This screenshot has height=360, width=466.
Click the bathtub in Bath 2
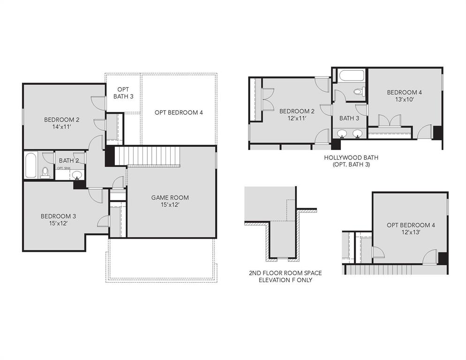point(30,165)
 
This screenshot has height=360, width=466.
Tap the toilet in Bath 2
point(45,172)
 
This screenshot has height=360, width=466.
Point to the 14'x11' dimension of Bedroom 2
point(61,127)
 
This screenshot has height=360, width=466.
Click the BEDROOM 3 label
point(58,216)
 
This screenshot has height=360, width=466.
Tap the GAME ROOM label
point(170,197)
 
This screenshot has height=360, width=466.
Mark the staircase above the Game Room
point(148,156)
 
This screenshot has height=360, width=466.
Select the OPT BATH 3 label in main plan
point(123,93)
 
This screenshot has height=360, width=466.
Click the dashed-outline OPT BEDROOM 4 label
point(179,112)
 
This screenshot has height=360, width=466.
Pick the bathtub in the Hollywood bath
point(351,76)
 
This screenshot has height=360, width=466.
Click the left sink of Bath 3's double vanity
point(343,134)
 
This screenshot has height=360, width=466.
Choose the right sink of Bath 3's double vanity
point(358,134)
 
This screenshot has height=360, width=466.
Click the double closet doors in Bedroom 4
point(389,120)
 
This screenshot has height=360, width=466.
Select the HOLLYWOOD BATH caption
point(351,157)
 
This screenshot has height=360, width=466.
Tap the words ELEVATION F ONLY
point(286,280)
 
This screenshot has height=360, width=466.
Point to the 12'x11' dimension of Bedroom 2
point(297,119)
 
